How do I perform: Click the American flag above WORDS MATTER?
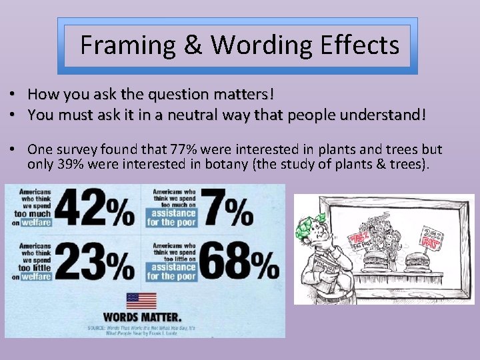point(141,300)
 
